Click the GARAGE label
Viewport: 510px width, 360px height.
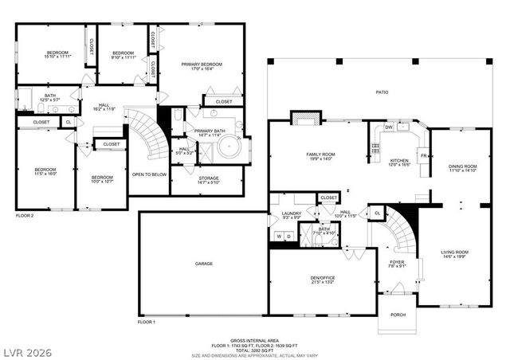coord(204,263)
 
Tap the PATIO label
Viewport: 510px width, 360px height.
coord(382,93)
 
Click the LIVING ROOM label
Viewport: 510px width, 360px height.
coord(455,252)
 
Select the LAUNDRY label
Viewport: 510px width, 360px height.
coord(291,213)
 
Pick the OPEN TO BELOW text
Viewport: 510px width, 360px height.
coord(149,173)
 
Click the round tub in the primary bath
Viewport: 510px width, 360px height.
coord(231,148)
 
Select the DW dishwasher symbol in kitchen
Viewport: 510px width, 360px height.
coord(389,127)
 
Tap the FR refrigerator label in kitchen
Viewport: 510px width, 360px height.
coord(423,156)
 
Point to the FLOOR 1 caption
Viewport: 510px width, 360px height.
coord(146,322)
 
